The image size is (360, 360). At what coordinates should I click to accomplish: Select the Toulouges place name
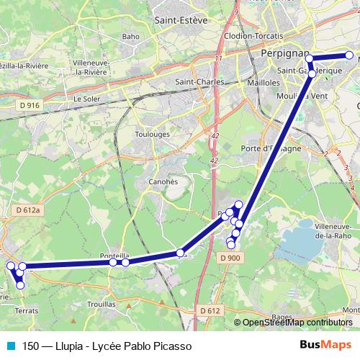152,134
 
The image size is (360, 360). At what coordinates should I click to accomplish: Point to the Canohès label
163,181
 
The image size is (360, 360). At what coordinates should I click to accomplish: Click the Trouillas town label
101,305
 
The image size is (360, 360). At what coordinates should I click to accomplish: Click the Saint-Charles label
198,82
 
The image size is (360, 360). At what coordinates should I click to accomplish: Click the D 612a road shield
30,210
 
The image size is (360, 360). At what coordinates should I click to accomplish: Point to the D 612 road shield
210,310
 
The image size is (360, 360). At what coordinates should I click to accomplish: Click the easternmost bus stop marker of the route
350,55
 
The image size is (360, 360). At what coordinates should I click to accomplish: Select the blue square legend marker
10,346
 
